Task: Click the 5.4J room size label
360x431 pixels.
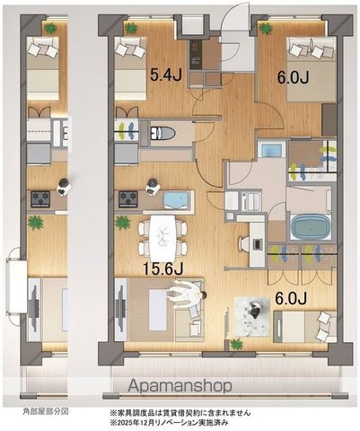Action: [166, 75]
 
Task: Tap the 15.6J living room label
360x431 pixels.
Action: [162, 269]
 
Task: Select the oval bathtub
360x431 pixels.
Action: [310, 226]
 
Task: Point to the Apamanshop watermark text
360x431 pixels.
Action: [180, 386]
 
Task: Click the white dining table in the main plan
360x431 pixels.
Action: [162, 238]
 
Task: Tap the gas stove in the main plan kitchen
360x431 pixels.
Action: [128, 199]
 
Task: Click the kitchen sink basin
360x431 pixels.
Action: [177, 200]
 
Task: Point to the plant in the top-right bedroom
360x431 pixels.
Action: [265, 29]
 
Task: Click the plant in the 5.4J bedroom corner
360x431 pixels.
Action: [131, 28]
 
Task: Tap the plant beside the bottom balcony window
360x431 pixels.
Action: [236, 344]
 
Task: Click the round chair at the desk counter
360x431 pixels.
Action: [243, 244]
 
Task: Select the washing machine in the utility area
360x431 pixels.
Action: [271, 149]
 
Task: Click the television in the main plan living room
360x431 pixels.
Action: [121, 309]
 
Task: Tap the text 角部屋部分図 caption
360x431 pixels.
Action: [46, 411]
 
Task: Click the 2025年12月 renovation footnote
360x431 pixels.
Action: [170, 423]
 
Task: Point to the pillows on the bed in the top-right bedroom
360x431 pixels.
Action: [310, 48]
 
